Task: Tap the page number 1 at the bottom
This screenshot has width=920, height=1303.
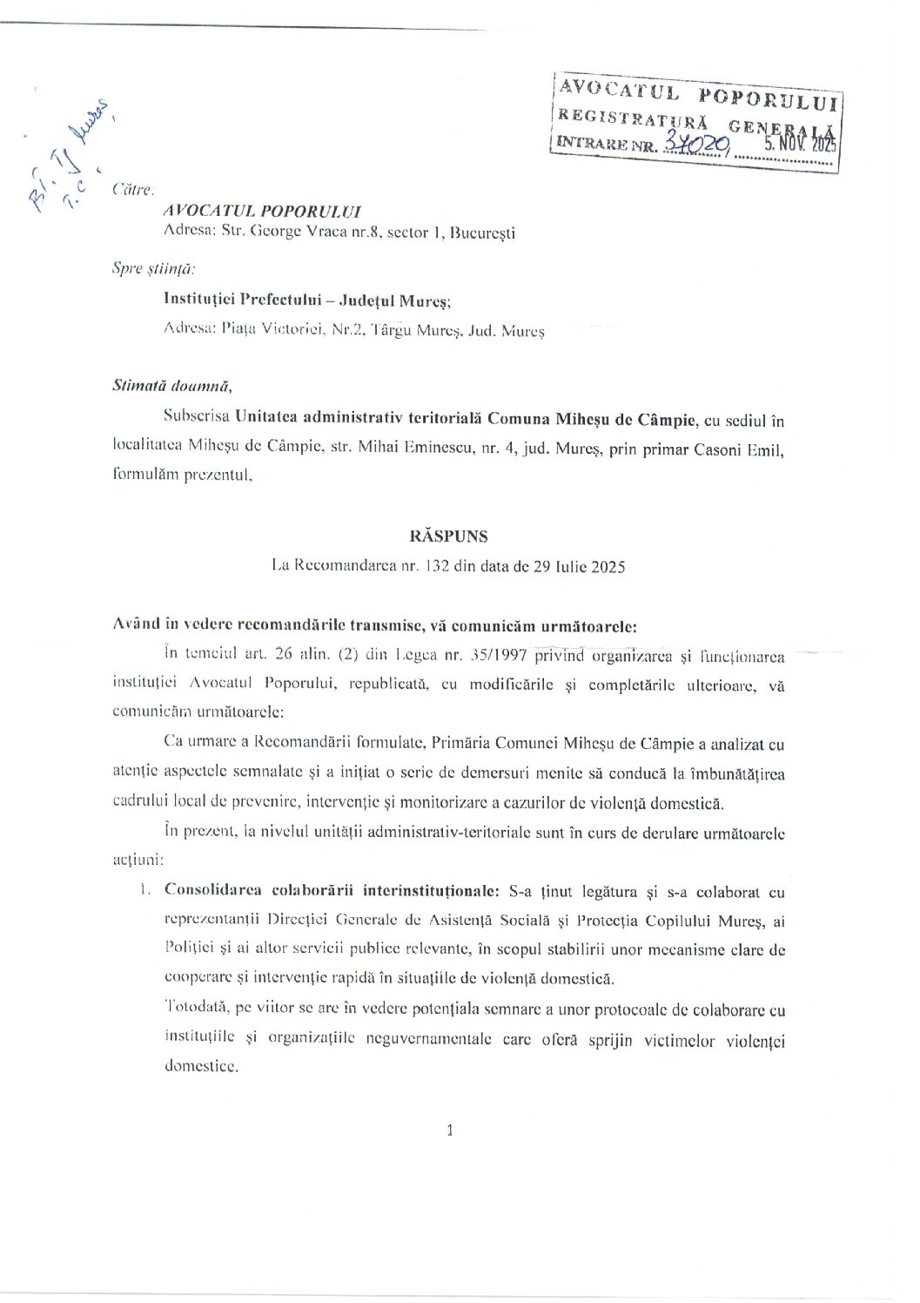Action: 449,1131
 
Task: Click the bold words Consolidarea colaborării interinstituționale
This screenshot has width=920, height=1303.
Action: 332,892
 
